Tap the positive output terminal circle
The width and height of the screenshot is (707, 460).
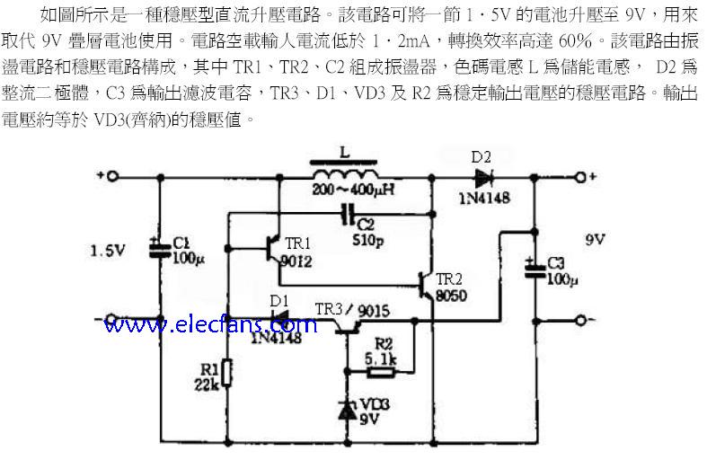pos(580,177)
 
